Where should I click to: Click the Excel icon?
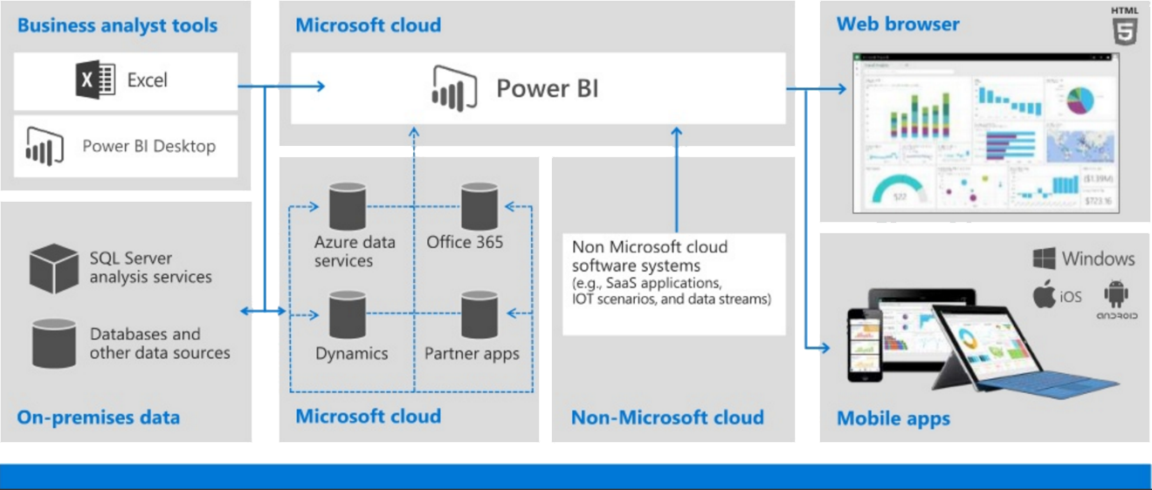(95, 80)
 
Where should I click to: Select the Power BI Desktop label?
(148, 146)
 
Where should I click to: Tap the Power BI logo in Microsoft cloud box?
(454, 87)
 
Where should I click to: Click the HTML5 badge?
(1124, 26)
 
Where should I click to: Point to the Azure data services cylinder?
(347, 206)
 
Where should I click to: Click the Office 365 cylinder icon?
(479, 206)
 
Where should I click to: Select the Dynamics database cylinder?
(347, 315)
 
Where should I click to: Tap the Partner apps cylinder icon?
(479, 315)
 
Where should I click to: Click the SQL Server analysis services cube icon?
(54, 268)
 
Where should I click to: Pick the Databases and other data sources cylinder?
(54, 343)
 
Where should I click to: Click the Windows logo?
(1044, 259)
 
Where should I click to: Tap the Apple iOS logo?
(1045, 294)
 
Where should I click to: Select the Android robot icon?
(1116, 293)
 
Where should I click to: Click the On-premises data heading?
(98, 417)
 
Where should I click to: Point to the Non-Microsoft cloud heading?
(667, 418)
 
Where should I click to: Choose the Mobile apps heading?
(893, 418)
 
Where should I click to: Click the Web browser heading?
(897, 24)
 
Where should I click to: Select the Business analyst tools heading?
(117, 25)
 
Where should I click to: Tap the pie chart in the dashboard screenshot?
(1080, 100)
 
